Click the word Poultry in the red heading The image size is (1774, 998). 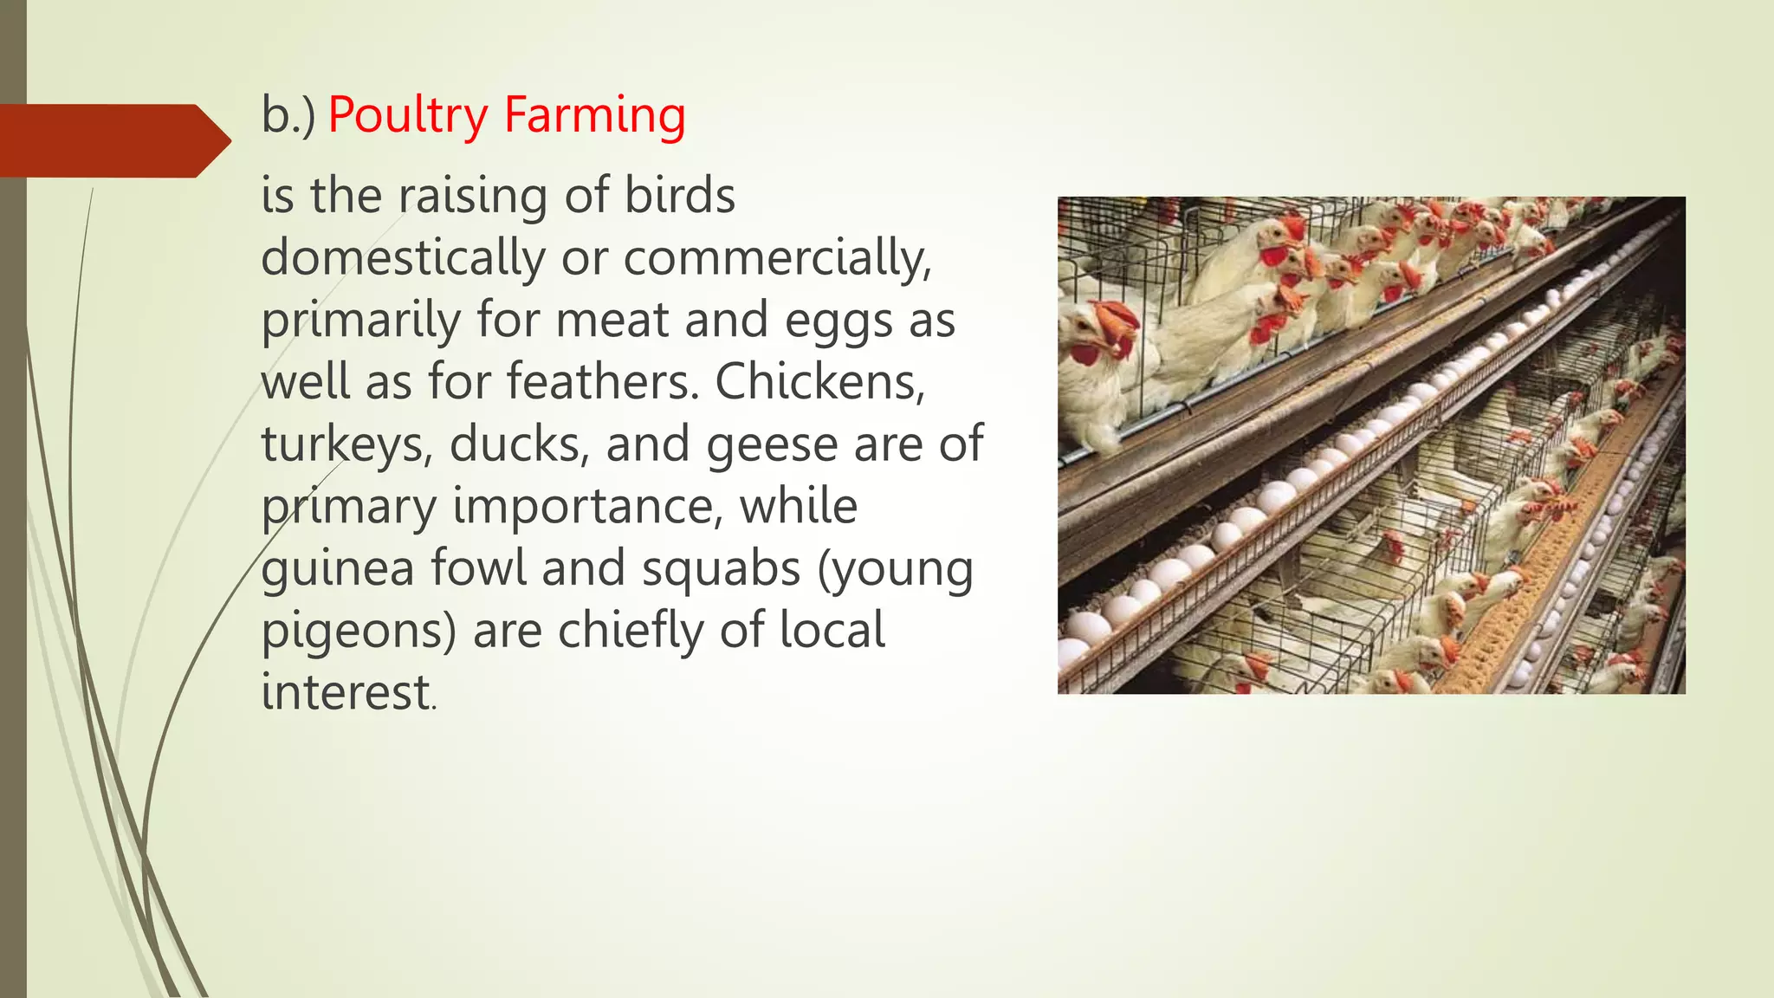pos(408,116)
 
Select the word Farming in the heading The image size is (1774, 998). pos(595,116)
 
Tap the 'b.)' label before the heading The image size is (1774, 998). pos(288,116)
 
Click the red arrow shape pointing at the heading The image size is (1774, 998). pos(113,140)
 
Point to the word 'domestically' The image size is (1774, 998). pos(404,258)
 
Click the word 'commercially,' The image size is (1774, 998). pos(777,258)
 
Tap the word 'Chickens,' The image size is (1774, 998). pos(820,381)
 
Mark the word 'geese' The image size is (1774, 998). pos(772,444)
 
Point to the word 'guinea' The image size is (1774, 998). pos(338,569)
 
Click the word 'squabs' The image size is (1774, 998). pos(721,568)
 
